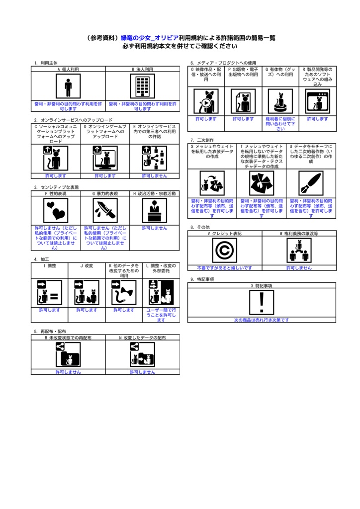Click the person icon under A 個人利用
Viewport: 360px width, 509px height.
68,86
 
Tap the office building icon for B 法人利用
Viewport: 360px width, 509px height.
143,86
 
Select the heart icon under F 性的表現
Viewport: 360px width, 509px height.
56,210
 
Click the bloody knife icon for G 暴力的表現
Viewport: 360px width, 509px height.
105,210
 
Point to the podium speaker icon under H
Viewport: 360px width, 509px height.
155,210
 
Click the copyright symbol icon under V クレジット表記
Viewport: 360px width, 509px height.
224,251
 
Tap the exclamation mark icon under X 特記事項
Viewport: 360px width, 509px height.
262,303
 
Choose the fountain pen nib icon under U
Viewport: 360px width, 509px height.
311,183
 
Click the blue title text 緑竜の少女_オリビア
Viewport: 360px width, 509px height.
150,38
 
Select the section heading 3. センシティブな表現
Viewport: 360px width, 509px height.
57,187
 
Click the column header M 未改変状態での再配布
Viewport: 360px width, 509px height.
68,338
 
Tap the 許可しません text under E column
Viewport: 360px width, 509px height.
155,175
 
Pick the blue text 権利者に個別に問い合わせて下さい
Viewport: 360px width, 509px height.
280,124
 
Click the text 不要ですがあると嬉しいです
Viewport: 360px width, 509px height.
225,268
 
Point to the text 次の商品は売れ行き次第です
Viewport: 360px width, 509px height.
262,320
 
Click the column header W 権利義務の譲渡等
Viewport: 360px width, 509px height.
299,234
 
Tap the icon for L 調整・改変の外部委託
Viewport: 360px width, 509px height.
161,292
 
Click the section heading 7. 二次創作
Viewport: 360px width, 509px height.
202,140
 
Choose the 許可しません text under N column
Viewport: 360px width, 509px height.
143,372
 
